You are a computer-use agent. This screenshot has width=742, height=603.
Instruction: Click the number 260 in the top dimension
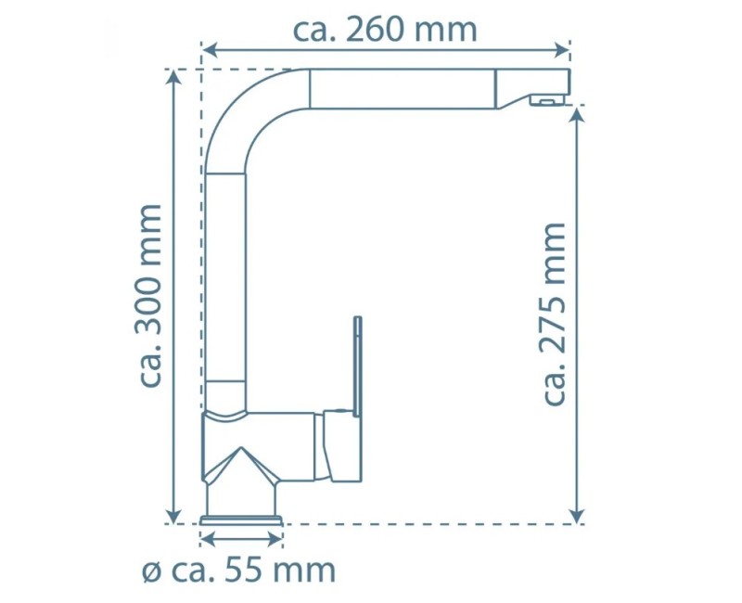click(x=376, y=31)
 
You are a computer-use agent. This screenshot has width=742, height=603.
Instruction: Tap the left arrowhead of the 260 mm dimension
click(x=210, y=49)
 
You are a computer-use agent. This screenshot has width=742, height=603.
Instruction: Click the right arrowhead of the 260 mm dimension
click(x=561, y=49)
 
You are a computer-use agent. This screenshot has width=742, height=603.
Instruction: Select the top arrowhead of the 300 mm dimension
click(x=174, y=77)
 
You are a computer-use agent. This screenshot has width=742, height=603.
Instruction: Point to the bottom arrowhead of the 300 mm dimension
click(x=174, y=516)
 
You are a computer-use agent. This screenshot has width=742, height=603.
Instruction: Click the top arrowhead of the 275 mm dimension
click(x=577, y=115)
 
